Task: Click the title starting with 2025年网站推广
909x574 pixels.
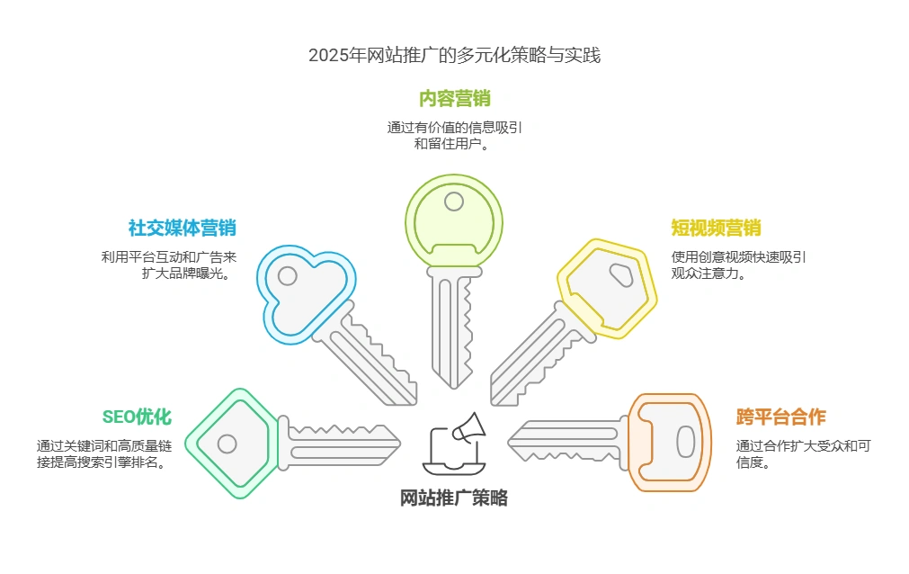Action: point(454,55)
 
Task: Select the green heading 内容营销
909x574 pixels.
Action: point(454,98)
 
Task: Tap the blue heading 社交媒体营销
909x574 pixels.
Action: point(182,228)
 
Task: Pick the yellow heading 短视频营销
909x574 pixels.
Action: point(716,228)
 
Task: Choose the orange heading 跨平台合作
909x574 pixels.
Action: point(780,417)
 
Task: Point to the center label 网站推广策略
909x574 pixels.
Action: point(454,498)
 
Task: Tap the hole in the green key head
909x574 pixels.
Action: point(454,201)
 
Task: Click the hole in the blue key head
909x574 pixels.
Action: point(288,275)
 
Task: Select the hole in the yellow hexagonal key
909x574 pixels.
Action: point(620,273)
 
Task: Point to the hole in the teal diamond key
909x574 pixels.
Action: point(227,444)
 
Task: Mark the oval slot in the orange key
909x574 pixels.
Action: point(685,442)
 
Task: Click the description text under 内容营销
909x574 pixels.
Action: point(454,136)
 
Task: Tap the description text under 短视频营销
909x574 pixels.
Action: point(738,265)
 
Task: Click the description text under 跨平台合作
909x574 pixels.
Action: point(804,454)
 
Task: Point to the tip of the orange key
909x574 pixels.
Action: point(510,440)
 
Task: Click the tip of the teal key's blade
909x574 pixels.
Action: point(399,439)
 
